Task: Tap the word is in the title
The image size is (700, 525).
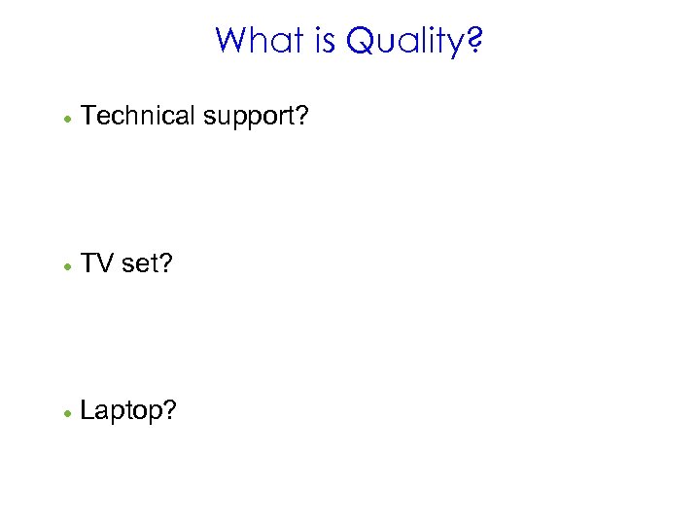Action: (x=323, y=41)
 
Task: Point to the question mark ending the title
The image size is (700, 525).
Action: (x=474, y=41)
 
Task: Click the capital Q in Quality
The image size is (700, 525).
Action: (x=361, y=42)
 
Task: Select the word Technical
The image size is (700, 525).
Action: (x=138, y=116)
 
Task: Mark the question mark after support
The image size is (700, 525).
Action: (x=302, y=116)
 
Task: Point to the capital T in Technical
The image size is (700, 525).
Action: (x=88, y=116)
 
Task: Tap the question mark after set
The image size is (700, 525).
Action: (x=164, y=263)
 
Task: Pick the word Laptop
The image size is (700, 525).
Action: (x=122, y=412)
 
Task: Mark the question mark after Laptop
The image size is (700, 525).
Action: (x=170, y=410)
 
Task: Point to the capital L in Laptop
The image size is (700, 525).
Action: (x=87, y=410)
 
